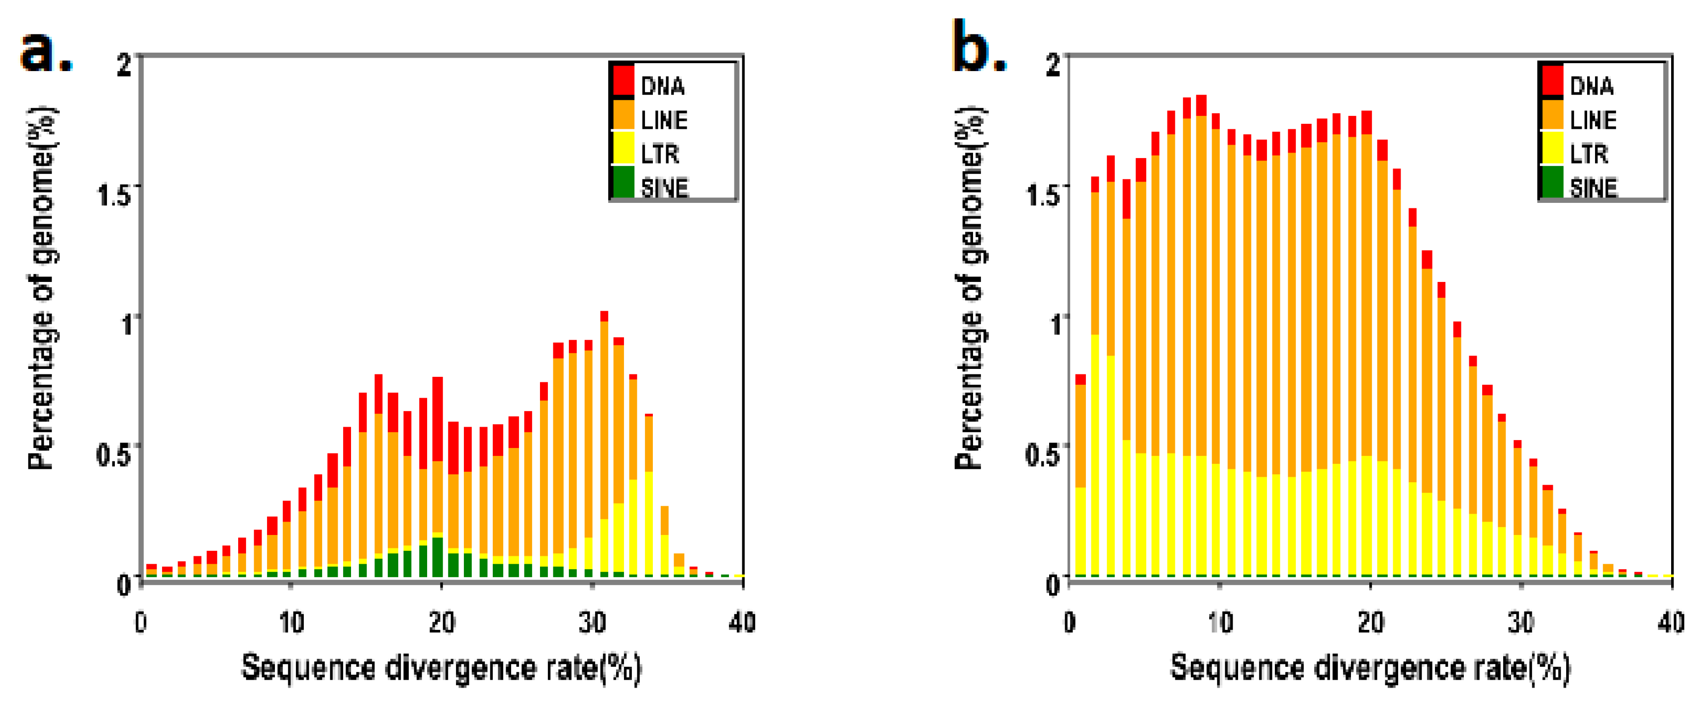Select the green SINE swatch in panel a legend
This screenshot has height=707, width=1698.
[623, 183]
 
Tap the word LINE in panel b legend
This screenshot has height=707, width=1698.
[1593, 121]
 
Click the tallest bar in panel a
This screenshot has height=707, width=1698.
[604, 448]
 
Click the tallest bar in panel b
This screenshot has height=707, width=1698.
[1201, 330]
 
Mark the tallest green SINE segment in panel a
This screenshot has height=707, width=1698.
[437, 557]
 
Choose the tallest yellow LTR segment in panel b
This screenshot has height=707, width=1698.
[1095, 454]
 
